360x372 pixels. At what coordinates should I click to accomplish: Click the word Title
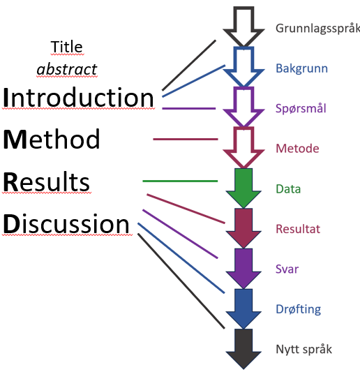click(67, 47)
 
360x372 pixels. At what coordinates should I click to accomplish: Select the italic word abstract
click(67, 69)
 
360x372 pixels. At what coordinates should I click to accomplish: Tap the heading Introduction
click(79, 98)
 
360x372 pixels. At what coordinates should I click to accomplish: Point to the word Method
click(52, 140)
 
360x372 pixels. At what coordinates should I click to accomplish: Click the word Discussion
click(66, 224)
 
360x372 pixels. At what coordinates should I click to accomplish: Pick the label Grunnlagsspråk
click(317, 29)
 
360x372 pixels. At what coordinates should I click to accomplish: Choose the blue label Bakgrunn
click(301, 68)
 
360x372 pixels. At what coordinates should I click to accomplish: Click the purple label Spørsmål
click(301, 108)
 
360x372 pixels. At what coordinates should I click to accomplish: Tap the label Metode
click(297, 149)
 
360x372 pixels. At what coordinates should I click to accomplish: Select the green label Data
click(288, 189)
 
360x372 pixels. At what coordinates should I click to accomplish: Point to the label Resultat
click(298, 229)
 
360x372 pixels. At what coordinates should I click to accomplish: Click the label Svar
click(287, 269)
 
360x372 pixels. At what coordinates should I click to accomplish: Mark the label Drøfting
click(299, 309)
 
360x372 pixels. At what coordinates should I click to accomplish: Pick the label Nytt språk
click(303, 350)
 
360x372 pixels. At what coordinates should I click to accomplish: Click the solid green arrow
click(243, 188)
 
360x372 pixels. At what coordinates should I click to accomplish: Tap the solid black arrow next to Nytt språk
click(243, 348)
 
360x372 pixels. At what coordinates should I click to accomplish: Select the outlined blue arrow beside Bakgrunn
click(243, 67)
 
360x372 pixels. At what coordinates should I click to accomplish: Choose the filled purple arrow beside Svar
click(243, 268)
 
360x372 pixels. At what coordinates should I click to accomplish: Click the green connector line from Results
click(180, 181)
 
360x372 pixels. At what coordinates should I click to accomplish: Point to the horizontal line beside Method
click(186, 140)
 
